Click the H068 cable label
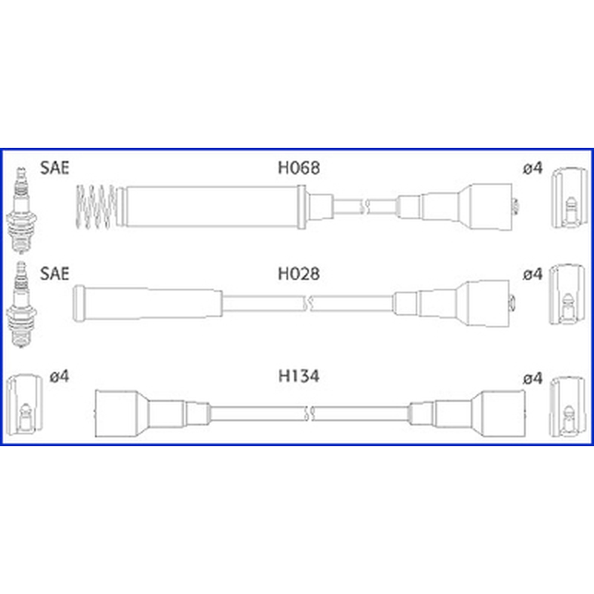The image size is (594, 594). (299, 168)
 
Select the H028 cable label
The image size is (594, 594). (299, 274)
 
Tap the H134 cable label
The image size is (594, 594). (299, 376)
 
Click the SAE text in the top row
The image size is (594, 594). (54, 168)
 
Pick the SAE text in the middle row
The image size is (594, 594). (54, 273)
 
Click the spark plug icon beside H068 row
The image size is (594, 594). (22, 210)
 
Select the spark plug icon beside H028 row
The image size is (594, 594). (22, 304)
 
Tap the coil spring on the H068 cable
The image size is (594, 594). (96, 207)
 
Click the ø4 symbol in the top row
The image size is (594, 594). (532, 168)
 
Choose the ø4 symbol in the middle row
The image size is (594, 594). (532, 274)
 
